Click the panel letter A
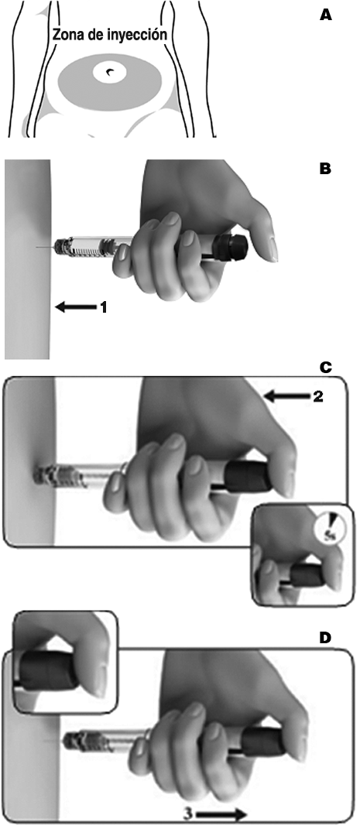pos(326,15)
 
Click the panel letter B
pos(326,170)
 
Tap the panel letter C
pos(326,368)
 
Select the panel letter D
pos(326,638)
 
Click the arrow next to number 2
pos(286,396)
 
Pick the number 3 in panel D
pos(188,812)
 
